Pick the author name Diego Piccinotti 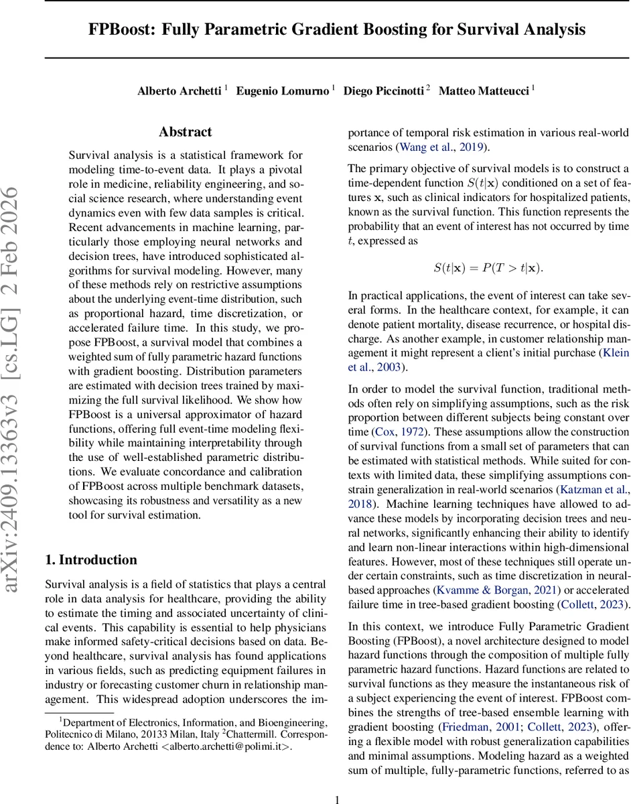(x=384, y=91)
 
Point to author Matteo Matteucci (x=484, y=91)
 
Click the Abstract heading (x=185, y=132)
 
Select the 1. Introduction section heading (x=90, y=560)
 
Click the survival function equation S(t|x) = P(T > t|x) (x=488, y=268)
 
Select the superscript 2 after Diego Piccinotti (x=428, y=88)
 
